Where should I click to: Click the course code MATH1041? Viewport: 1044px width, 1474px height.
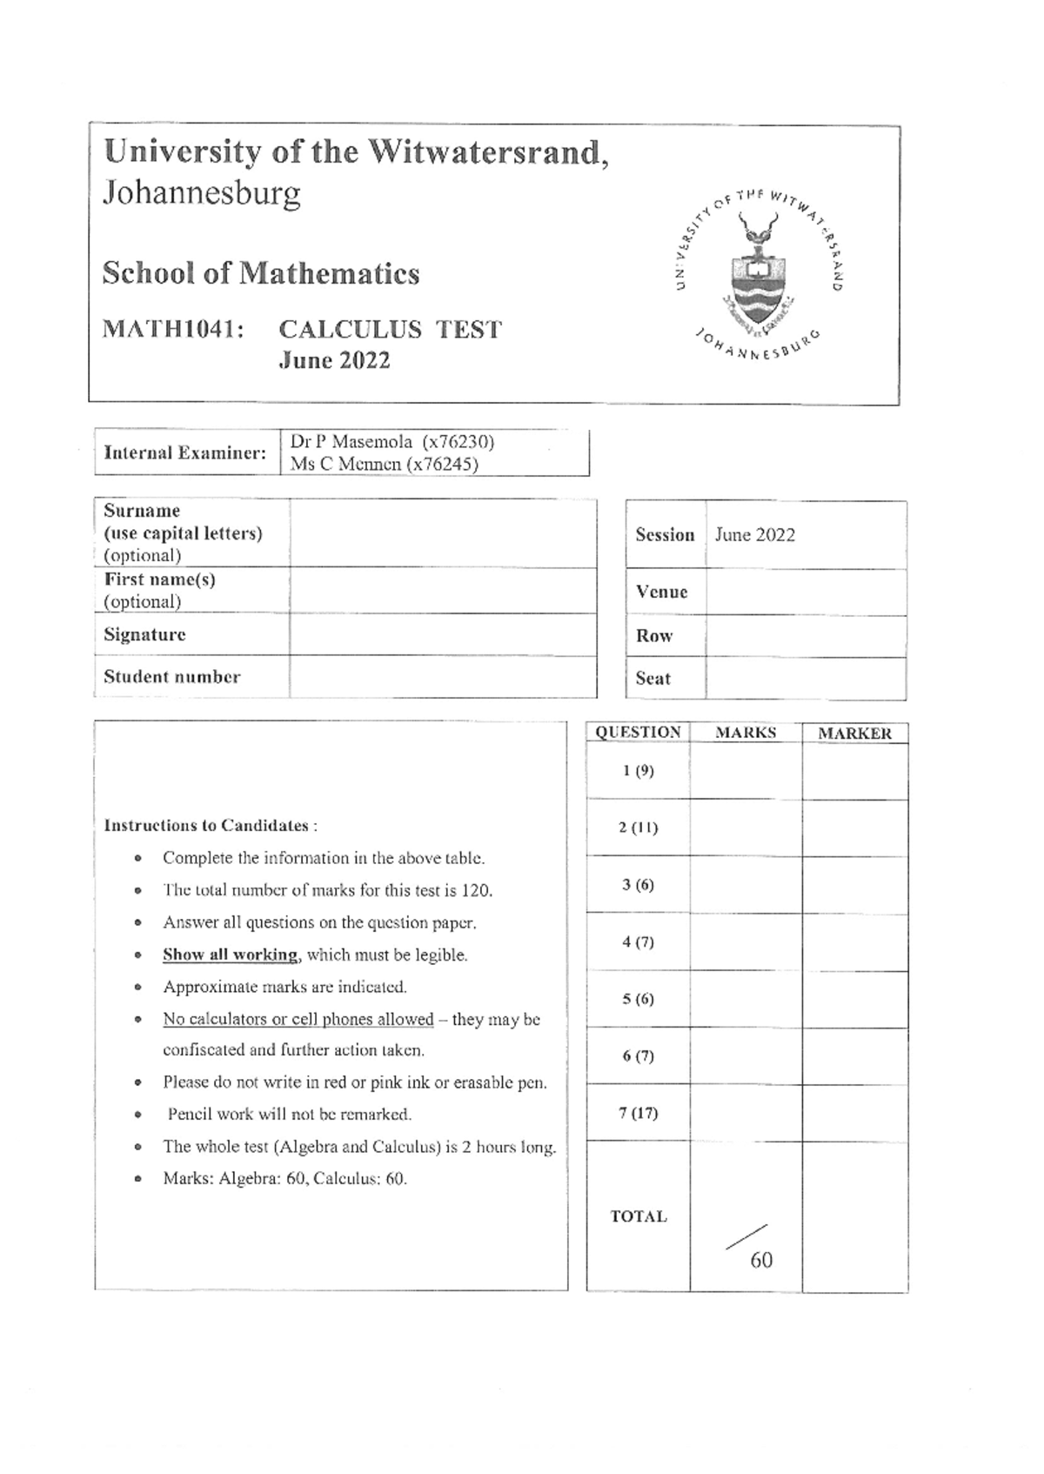pyautogui.click(x=172, y=330)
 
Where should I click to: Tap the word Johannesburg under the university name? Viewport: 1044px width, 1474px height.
pyautogui.click(x=202, y=192)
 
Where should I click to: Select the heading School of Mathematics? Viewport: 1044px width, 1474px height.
pyautogui.click(x=261, y=273)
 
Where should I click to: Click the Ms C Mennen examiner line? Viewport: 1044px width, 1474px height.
pyautogui.click(x=384, y=464)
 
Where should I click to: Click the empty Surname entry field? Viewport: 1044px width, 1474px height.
pyautogui.click(x=442, y=533)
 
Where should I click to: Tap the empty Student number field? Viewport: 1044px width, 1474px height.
pyautogui.click(x=442, y=677)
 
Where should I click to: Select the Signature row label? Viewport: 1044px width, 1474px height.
pyautogui.click(x=144, y=634)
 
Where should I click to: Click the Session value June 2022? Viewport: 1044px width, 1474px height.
pyautogui.click(x=754, y=535)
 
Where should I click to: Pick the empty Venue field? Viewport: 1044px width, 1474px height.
pyautogui.click(x=805, y=593)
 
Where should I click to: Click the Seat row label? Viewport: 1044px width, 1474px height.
pyautogui.click(x=652, y=679)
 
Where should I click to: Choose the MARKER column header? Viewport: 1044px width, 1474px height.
pyautogui.click(x=854, y=734)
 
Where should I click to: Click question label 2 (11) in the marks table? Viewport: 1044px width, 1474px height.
pyautogui.click(x=638, y=827)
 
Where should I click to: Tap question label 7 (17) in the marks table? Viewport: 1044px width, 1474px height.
pyautogui.click(x=638, y=1113)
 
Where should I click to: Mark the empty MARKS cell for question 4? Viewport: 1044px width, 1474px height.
pyautogui.click(x=746, y=941)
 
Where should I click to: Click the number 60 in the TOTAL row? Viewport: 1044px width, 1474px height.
pyautogui.click(x=760, y=1260)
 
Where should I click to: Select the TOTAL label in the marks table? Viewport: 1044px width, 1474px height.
pyautogui.click(x=638, y=1216)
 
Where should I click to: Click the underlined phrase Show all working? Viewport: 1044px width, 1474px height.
pyautogui.click(x=230, y=955)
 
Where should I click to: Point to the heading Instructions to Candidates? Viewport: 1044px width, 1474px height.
pyautogui.click(x=210, y=825)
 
